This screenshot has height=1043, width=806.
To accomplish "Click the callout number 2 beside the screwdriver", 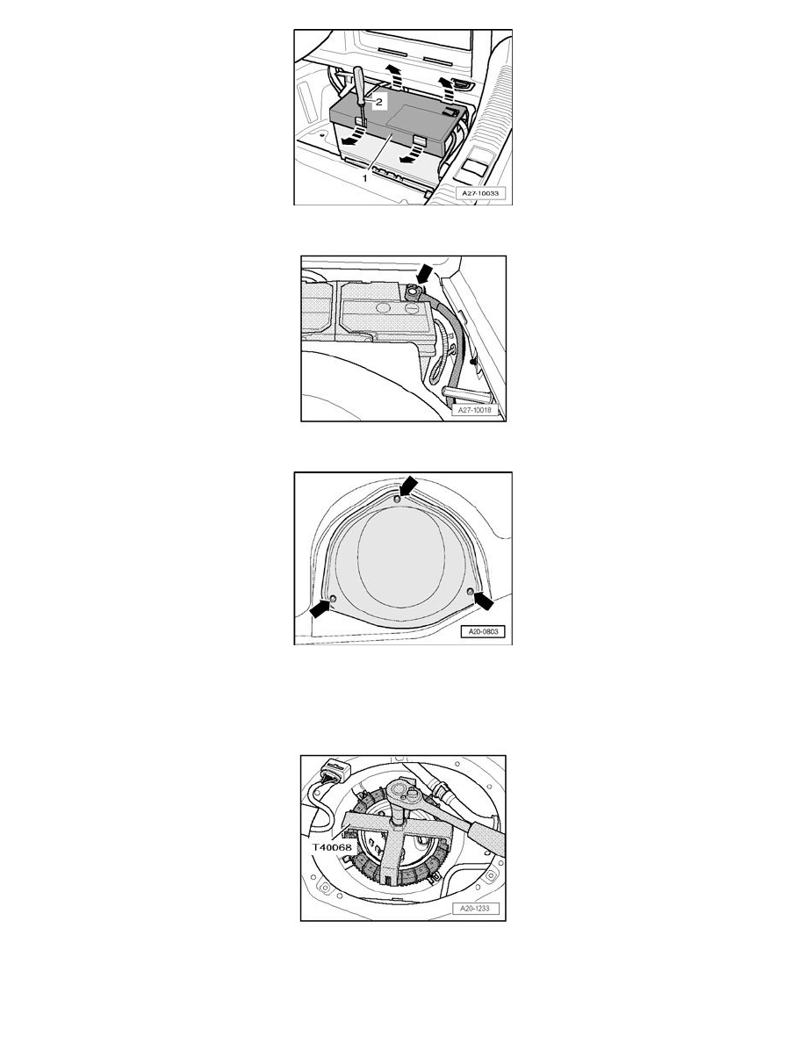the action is [x=379, y=103].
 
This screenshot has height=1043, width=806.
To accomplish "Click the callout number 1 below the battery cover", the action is [x=365, y=178].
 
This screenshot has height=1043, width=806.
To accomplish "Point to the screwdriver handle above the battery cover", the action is [x=358, y=83].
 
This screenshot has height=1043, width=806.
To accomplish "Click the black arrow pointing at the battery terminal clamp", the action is [x=422, y=272].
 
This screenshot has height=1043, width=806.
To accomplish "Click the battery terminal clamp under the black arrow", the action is [x=413, y=292].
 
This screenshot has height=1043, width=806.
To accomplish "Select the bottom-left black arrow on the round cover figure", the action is [x=320, y=608].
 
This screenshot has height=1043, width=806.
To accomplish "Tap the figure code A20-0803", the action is [x=483, y=632].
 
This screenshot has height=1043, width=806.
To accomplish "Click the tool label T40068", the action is [x=332, y=848].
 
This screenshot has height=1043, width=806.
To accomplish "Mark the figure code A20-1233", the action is [x=476, y=908].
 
